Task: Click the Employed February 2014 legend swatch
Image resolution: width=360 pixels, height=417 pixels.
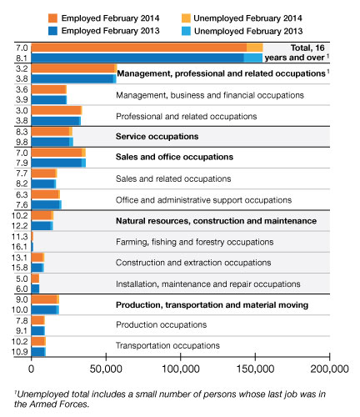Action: (x=52, y=18)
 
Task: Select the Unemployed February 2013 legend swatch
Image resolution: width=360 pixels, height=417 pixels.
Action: (x=186, y=31)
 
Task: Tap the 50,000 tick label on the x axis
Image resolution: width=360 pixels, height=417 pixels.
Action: (x=106, y=369)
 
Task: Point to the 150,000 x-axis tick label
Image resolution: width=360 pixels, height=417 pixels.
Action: (x=255, y=369)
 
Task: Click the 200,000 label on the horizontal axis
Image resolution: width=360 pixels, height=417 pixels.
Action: (x=329, y=369)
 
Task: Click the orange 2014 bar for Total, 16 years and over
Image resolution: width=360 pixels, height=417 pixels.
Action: (x=147, y=48)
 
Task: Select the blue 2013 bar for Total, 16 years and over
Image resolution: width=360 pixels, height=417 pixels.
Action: (x=147, y=58)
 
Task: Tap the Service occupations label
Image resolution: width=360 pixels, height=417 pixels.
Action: (x=157, y=137)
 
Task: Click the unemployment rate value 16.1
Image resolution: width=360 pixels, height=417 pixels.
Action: (x=20, y=247)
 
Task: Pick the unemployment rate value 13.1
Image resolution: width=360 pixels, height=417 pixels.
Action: (x=20, y=258)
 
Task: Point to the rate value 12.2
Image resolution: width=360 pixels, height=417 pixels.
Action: (x=20, y=226)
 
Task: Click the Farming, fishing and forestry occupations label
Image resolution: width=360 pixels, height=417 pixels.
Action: (x=194, y=242)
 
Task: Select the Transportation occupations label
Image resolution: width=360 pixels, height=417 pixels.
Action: (x=167, y=345)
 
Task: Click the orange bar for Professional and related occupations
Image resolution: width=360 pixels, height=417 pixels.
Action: (x=57, y=110)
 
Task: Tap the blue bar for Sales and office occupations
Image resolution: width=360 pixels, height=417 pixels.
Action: (x=58, y=163)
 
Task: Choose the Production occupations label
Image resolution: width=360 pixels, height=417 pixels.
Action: (x=161, y=324)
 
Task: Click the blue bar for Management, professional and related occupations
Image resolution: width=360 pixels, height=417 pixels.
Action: (x=73, y=79)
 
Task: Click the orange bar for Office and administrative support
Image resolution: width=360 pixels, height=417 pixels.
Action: (x=46, y=194)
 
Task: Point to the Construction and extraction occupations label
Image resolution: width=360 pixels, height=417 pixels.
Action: (x=193, y=263)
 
